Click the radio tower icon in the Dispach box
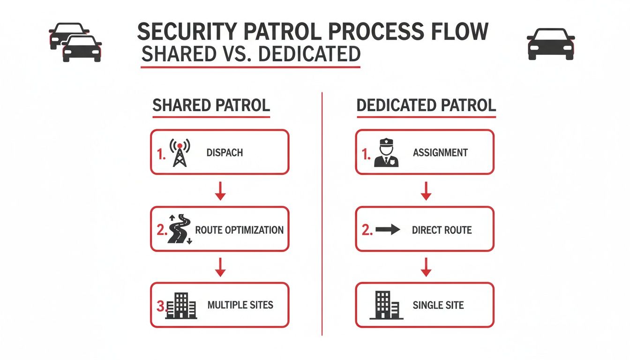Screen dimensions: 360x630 [x=180, y=152]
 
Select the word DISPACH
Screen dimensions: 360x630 [x=225, y=153]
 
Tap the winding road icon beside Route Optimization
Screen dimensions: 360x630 [x=180, y=229]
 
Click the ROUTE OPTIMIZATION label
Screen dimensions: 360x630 [x=239, y=230]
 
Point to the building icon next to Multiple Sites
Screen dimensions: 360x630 [x=182, y=306]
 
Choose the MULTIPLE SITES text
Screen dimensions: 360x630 [x=240, y=305]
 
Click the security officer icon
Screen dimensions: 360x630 [x=386, y=153]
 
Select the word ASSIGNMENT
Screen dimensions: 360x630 [x=440, y=153]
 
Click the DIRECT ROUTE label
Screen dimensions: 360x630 [x=442, y=230]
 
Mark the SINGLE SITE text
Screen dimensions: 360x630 [x=438, y=305]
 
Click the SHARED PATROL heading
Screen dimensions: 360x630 [x=211, y=105]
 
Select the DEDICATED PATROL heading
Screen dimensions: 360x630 [x=426, y=105]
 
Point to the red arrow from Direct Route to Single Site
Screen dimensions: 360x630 [x=426, y=267]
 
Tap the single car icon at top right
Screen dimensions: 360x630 [x=550, y=43]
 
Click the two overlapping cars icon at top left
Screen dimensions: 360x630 [x=75, y=42]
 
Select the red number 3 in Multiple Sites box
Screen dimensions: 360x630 [x=160, y=307]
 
